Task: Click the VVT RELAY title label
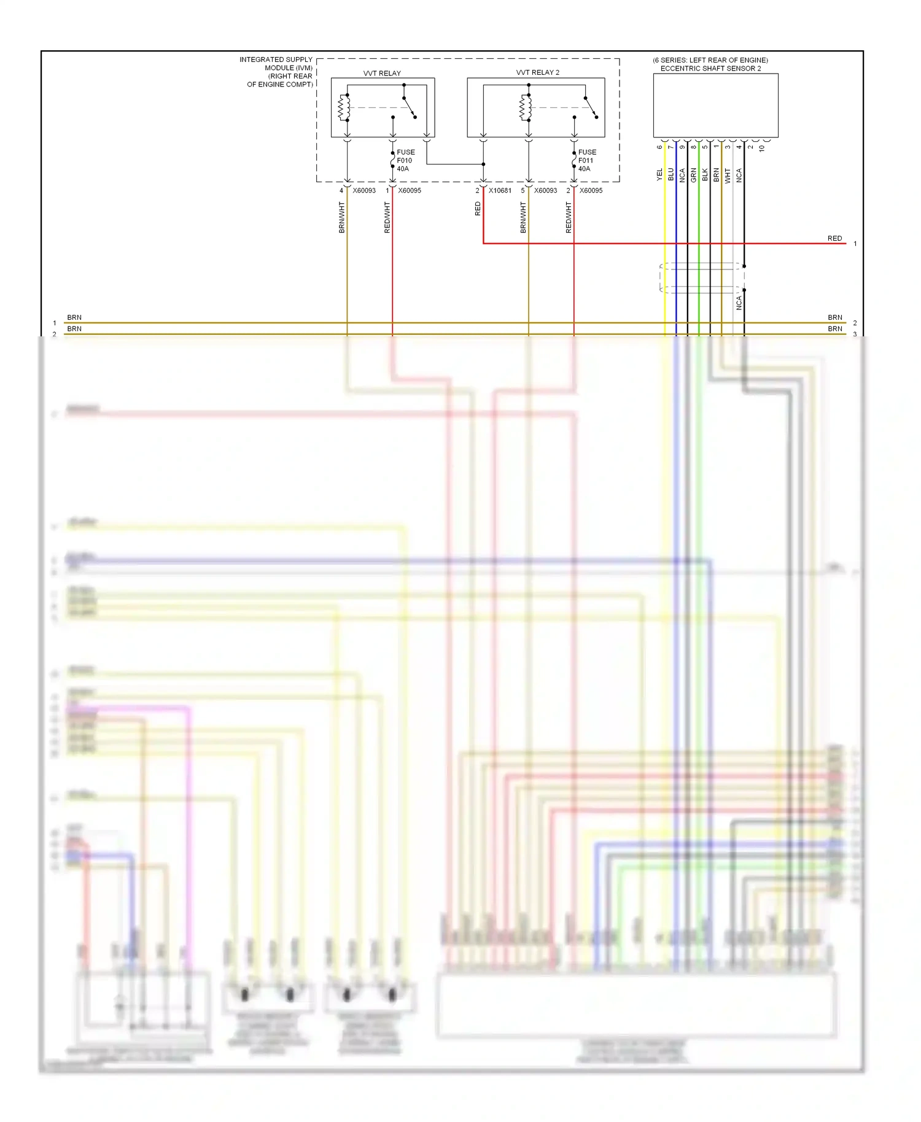click(x=381, y=73)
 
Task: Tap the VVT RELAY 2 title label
click(x=537, y=72)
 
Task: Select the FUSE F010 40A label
click(x=405, y=160)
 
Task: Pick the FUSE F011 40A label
click(x=586, y=160)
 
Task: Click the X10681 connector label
click(x=500, y=191)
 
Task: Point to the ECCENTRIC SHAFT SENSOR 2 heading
click(x=710, y=68)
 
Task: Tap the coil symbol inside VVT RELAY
click(x=344, y=107)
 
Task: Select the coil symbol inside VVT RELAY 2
click(x=525, y=107)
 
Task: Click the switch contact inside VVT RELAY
click(x=409, y=107)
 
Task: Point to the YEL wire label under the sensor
click(x=660, y=174)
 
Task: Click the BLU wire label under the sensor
click(x=671, y=174)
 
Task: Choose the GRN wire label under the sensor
click(x=694, y=175)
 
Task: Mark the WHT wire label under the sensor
click(x=728, y=176)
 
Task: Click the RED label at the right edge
click(x=834, y=238)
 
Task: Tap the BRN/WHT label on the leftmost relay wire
click(x=342, y=217)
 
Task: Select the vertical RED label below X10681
click(x=478, y=209)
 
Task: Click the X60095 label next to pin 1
click(x=410, y=191)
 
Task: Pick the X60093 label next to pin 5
click(x=545, y=191)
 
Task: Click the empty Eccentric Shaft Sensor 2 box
click(x=715, y=105)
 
